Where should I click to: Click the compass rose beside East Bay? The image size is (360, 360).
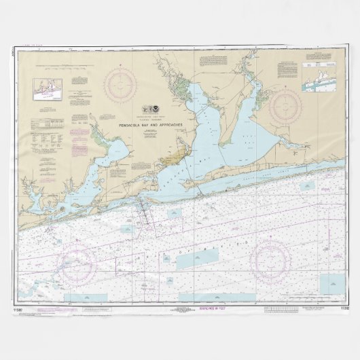[x=285, y=105]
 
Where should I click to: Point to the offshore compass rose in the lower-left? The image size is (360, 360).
[x=77, y=262]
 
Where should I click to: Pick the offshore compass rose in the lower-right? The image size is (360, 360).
[x=272, y=260]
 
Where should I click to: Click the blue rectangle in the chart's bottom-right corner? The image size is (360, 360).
[x=332, y=280]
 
